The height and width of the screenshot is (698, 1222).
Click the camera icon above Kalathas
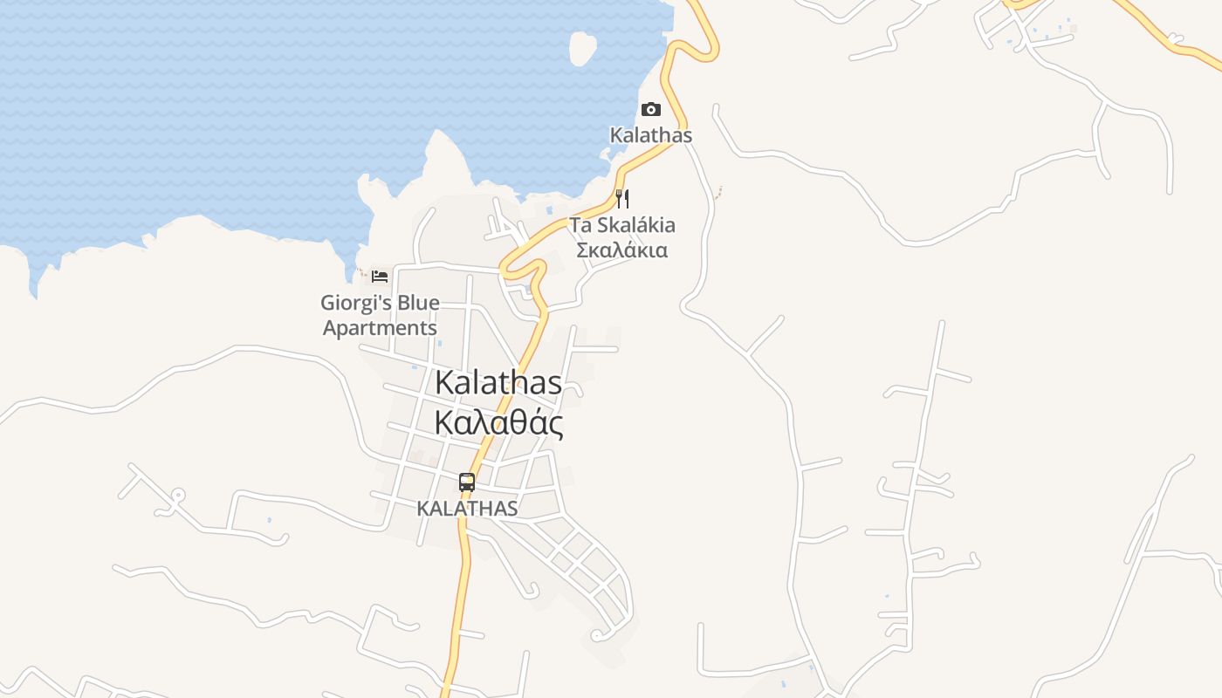(x=650, y=110)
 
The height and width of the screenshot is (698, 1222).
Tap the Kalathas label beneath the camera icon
(x=650, y=135)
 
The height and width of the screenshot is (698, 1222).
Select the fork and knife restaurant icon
(x=622, y=198)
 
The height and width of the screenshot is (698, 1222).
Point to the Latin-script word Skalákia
(x=635, y=225)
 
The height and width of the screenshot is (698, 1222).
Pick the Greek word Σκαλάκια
(x=622, y=250)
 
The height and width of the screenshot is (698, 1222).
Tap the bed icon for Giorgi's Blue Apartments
(x=379, y=276)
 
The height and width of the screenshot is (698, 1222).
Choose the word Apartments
(x=380, y=328)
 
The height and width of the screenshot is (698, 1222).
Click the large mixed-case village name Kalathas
(x=498, y=382)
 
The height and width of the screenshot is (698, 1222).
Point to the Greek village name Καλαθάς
(x=498, y=422)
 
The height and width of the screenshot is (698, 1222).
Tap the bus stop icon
(x=467, y=482)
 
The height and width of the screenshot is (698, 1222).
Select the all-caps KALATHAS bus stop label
(x=467, y=508)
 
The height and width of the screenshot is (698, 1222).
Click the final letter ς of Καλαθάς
(x=553, y=424)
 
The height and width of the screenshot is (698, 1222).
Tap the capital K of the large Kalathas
(x=444, y=382)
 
